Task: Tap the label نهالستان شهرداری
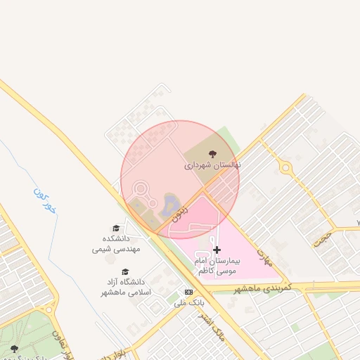tap(212, 166)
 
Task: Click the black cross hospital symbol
tap(217, 250)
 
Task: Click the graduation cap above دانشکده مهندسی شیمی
tap(116, 228)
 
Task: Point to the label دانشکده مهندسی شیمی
tap(117, 243)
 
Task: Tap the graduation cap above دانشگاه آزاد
tap(125, 271)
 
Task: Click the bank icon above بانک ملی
tap(188, 292)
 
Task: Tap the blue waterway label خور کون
tap(43, 200)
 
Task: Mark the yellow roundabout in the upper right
tap(285, 167)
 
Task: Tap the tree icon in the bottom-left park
tap(14, 348)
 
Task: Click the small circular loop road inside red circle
tap(141, 189)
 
